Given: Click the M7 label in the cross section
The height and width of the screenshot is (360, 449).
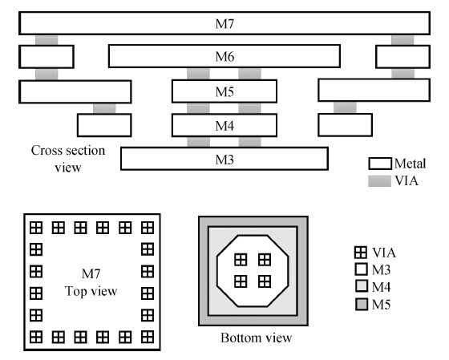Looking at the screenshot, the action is pos(224,24).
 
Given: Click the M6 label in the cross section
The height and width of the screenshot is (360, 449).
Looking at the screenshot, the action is pos(224,56).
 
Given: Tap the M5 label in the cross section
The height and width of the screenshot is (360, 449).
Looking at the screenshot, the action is pos(224,91).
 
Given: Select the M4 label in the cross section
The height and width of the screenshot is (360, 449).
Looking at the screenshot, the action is pos(224,126).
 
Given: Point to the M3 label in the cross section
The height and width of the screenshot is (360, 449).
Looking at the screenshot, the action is pos(224,160).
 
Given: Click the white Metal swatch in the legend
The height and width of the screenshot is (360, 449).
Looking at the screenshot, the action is pos(380,164).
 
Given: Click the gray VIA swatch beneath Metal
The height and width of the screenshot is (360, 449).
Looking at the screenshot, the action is pos(380,181).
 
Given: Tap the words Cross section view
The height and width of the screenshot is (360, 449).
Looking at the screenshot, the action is pos(68,159).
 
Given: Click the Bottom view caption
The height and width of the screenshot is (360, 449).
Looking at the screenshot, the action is pos(257,338).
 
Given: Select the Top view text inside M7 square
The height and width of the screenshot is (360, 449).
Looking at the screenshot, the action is pos(91,291).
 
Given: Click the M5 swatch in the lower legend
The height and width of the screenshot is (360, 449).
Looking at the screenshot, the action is pos(362,304).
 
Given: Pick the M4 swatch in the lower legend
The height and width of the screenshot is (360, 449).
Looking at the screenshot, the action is pos(362,286).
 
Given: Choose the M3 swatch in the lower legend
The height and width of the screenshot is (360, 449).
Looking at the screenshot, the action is pos(362,269).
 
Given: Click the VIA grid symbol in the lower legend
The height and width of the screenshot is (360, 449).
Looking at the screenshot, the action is pos(361,253).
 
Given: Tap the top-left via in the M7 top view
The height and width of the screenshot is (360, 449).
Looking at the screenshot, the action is pos(36,228).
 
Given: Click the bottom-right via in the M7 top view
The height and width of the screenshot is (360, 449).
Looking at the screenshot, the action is pos(148,337).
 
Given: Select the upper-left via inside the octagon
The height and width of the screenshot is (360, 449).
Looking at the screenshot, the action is pos(241,260).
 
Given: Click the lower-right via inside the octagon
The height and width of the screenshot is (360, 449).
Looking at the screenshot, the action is pos(265,281).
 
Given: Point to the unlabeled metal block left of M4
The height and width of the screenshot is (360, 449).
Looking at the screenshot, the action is pos(104,125).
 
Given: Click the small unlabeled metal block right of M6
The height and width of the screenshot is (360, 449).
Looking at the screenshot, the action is pos(402,57).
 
